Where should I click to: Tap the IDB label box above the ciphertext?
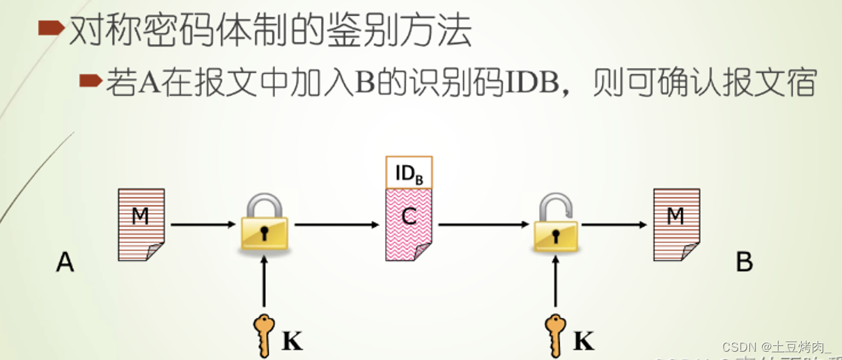[409, 173]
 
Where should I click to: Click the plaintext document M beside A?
[141, 222]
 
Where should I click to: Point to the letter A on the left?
[65, 263]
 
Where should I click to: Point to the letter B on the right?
[744, 263]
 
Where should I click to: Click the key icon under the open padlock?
[555, 334]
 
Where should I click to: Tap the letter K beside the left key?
[293, 342]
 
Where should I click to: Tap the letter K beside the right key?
[584, 342]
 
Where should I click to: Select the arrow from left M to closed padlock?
[203, 225]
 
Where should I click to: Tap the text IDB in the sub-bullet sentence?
[531, 83]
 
